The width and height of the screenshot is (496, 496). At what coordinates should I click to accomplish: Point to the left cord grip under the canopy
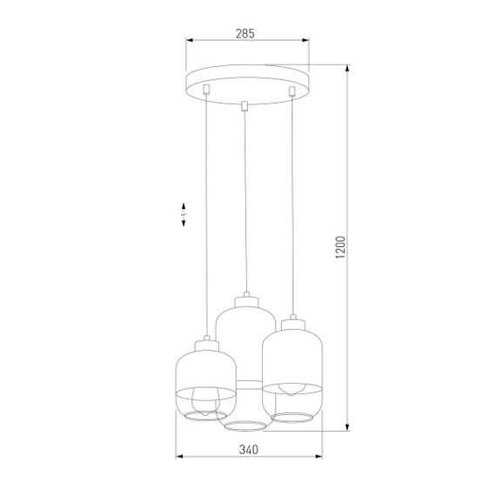(x=205, y=89)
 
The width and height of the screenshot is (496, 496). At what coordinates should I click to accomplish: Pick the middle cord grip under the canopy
(x=245, y=106)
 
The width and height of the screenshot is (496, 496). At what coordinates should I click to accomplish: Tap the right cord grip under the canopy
(x=292, y=89)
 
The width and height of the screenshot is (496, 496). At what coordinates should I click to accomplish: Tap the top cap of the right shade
(x=292, y=325)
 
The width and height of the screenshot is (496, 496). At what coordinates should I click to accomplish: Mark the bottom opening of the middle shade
(x=246, y=426)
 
